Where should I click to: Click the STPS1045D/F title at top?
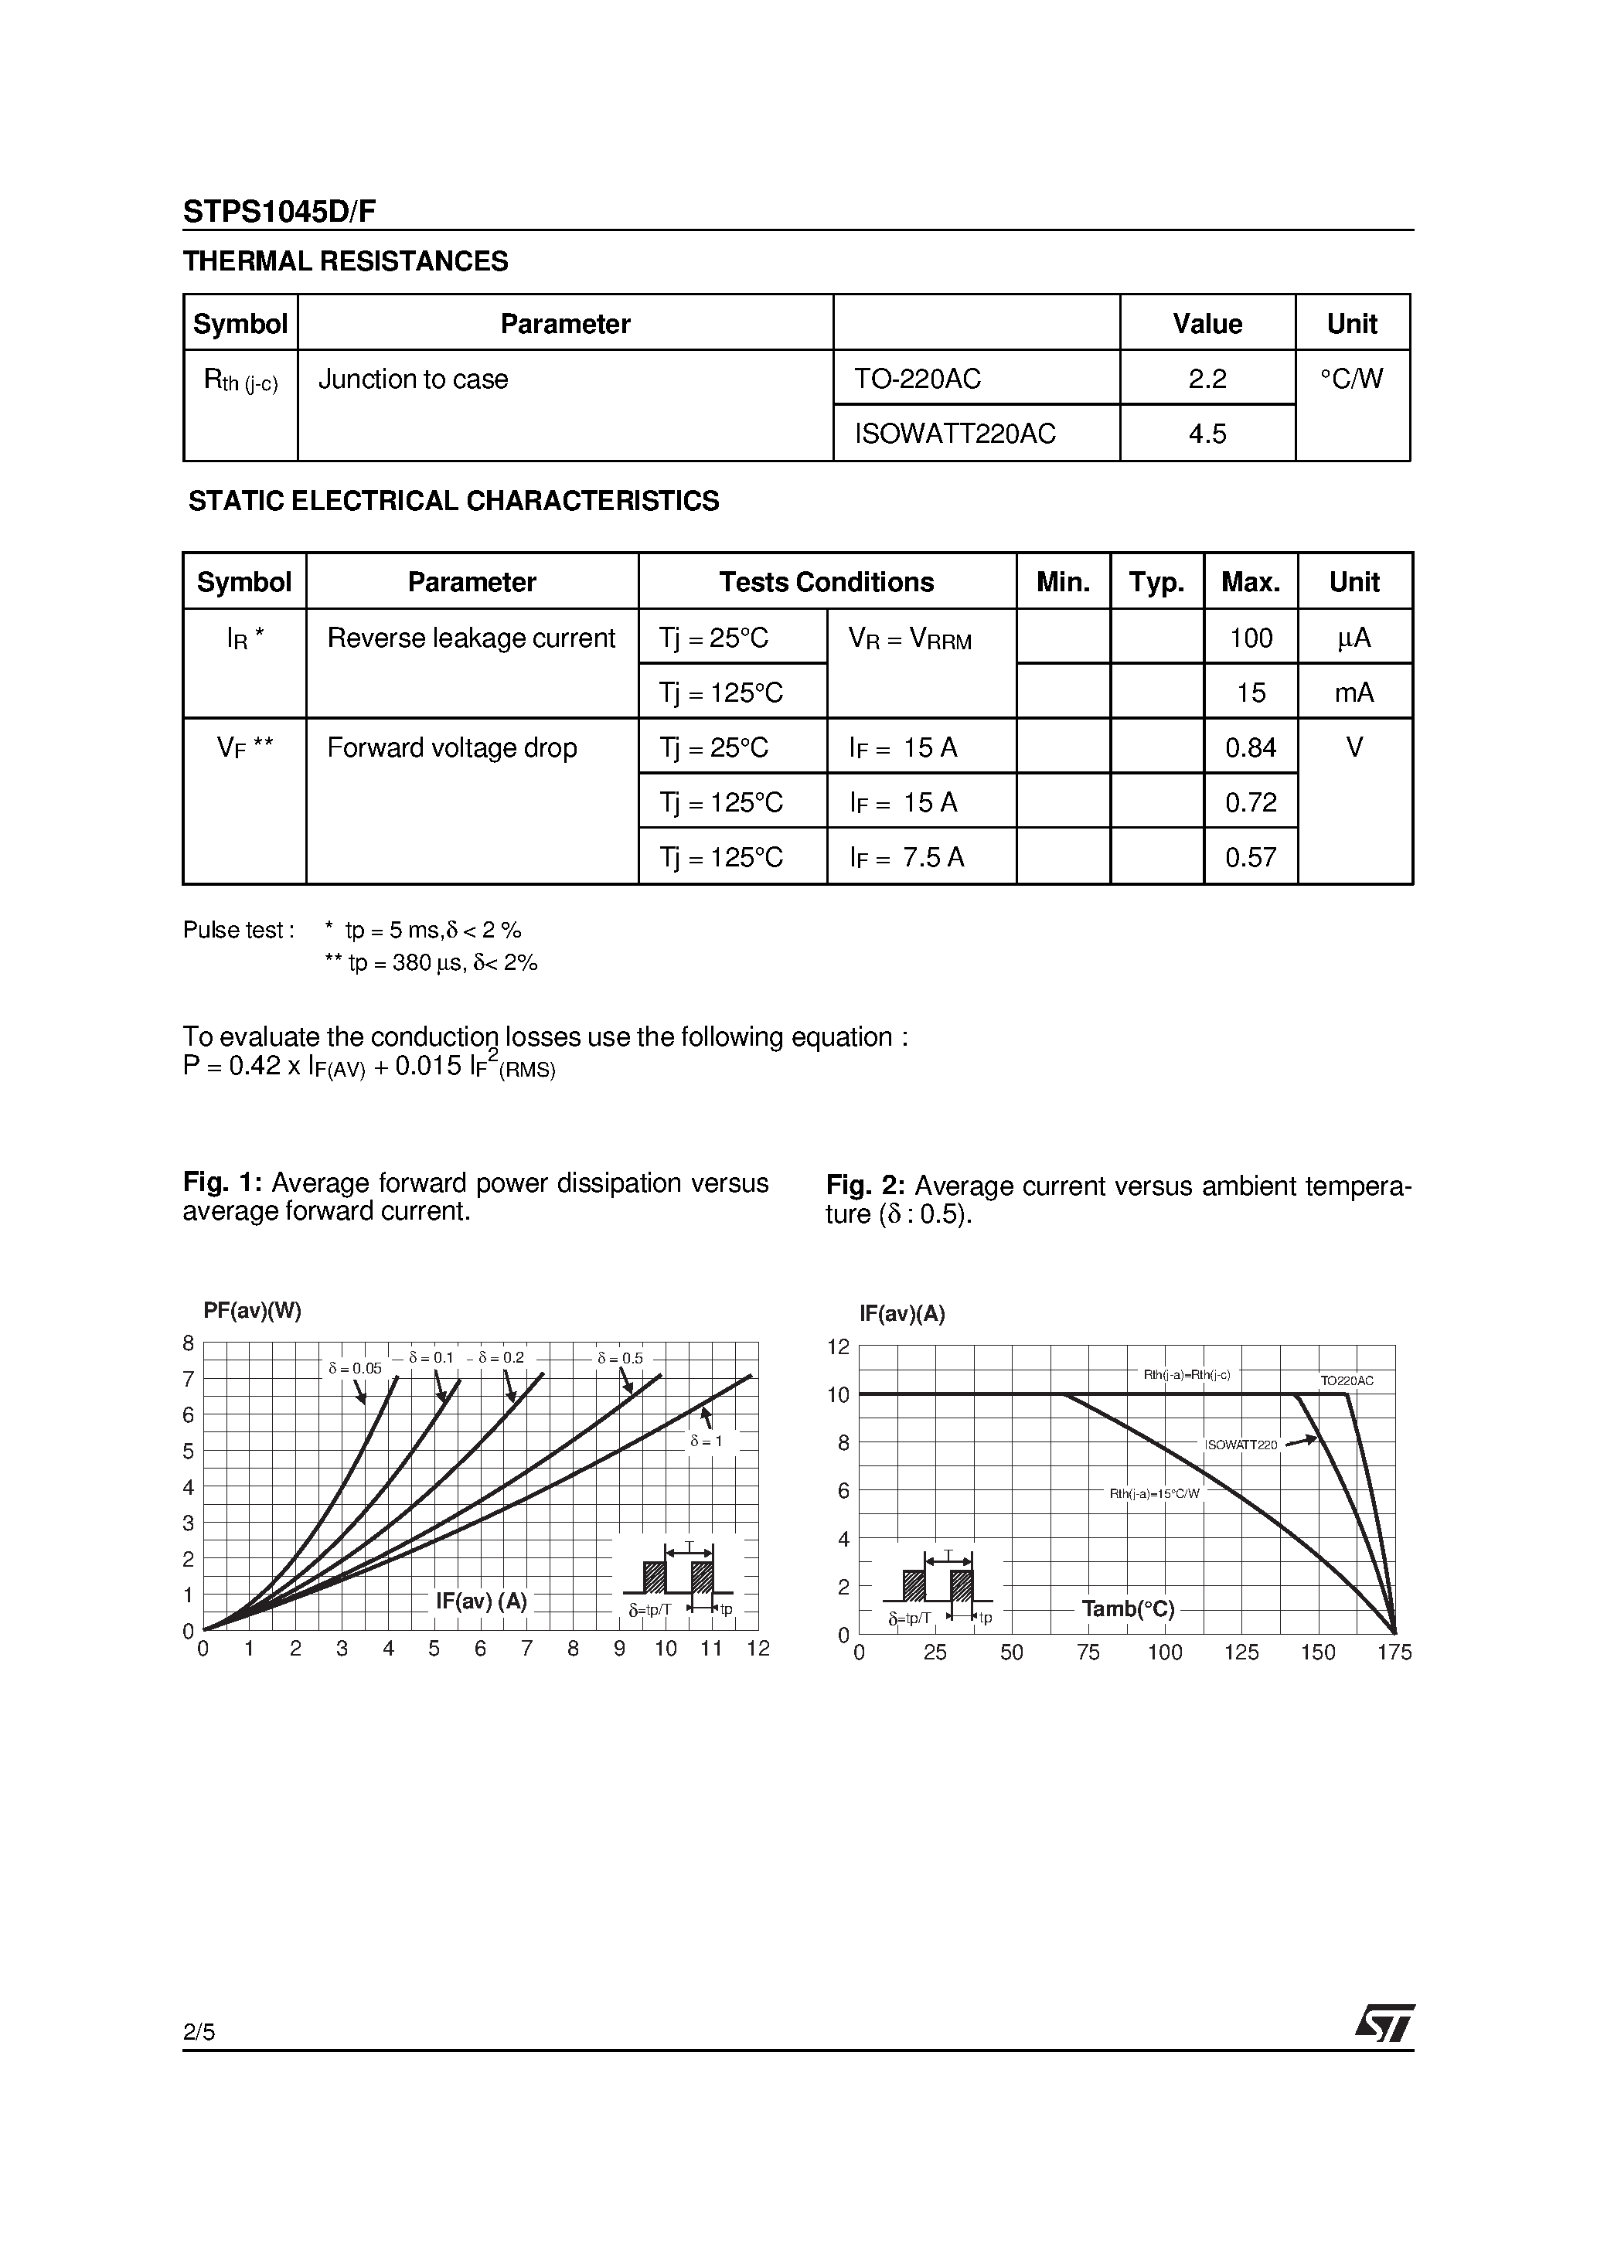tap(278, 212)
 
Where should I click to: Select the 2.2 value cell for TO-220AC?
tap(1207, 379)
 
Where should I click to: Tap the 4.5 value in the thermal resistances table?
tap(1207, 433)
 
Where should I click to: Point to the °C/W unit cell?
tap(1352, 379)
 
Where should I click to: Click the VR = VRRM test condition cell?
tap(910, 640)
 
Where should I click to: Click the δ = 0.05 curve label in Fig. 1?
tap(355, 1368)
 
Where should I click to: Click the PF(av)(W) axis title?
tap(252, 1310)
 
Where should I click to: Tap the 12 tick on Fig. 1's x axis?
tap(758, 1649)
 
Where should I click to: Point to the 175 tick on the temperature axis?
tap(1393, 1652)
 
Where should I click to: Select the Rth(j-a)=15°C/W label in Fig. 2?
tap(1154, 1493)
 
